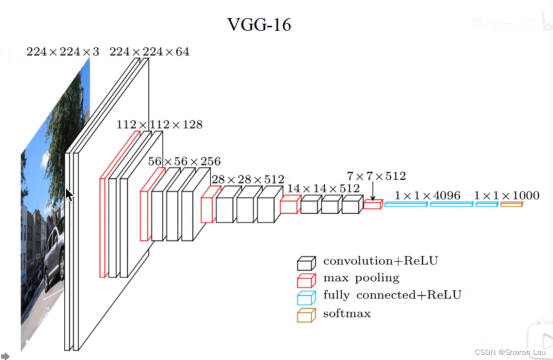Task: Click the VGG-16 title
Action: coord(259,24)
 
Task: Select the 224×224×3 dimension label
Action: coord(62,51)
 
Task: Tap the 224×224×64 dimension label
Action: coord(149,51)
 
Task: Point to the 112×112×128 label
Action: coord(159,124)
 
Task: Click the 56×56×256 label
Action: coord(184,161)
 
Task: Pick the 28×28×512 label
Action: coord(247,179)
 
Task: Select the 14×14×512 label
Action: coord(323,188)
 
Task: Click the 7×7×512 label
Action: coord(376,176)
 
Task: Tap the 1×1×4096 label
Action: coord(427,195)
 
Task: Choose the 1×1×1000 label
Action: coord(506,195)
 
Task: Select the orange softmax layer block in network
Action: coord(511,204)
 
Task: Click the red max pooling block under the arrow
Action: coord(372,204)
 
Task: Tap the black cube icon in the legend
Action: coord(306,262)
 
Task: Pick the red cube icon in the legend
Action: coord(306,279)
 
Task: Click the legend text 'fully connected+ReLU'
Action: coord(392,295)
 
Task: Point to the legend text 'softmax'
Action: coord(346,313)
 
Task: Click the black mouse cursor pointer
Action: coord(69,194)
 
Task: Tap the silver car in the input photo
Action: coord(54,255)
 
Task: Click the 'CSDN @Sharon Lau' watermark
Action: coord(509,352)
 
